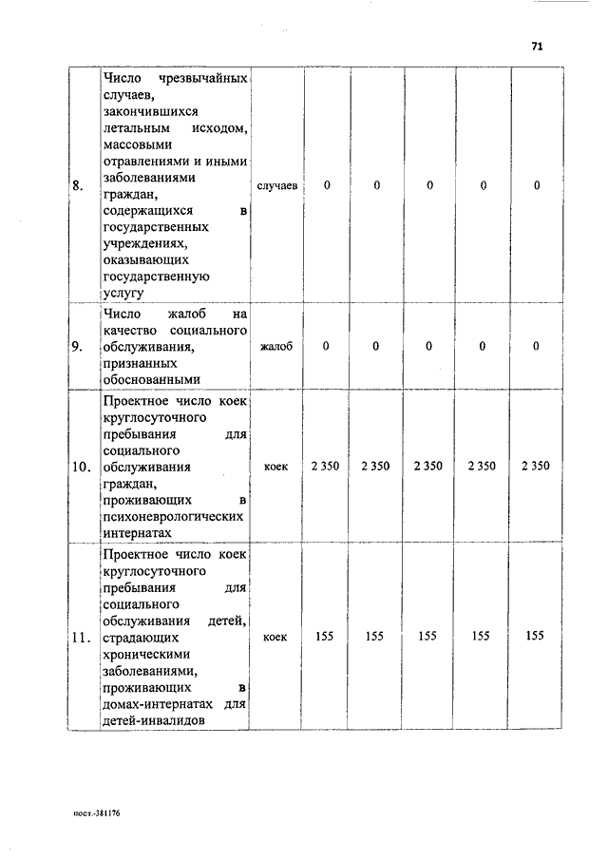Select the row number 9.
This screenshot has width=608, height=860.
click(78, 346)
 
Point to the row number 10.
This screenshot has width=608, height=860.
click(82, 467)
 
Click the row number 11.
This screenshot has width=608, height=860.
click(82, 636)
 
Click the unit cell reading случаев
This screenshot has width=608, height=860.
click(276, 185)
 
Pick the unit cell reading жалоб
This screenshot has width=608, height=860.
click(276, 346)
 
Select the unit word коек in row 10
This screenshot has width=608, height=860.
click(276, 467)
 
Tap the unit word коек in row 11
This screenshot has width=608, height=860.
click(276, 636)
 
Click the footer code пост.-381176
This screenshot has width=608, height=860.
click(98, 813)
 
